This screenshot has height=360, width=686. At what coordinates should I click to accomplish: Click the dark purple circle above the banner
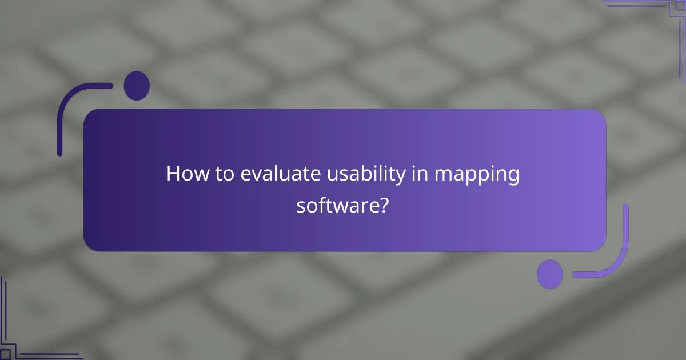[x=137, y=86]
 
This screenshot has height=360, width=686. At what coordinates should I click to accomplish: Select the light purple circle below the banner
[x=550, y=274]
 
